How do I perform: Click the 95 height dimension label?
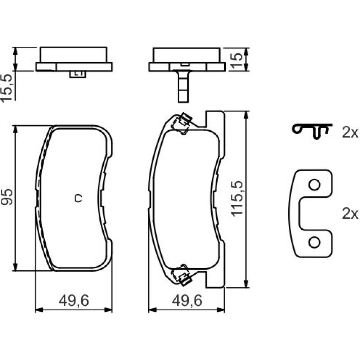click(x=6, y=197)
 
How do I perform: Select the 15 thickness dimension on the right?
click(x=236, y=61)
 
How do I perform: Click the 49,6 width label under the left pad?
click(x=74, y=301)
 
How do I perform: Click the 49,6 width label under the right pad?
click(x=187, y=301)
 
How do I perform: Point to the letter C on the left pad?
click(x=78, y=198)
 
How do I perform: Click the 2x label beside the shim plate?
click(x=350, y=213)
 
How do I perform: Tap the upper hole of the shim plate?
click(x=314, y=185)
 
